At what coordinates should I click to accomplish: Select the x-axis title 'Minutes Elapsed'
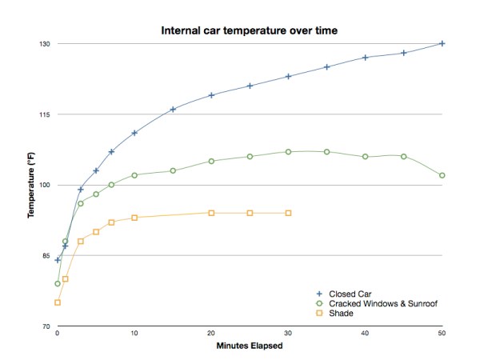tap(250, 346)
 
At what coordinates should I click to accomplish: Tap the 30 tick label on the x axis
tap(288, 334)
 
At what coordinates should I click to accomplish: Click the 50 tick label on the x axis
tap(442, 334)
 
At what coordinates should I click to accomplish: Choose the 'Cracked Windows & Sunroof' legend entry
tap(382, 303)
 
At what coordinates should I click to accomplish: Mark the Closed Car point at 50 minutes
tap(442, 43)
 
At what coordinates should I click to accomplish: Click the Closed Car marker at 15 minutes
tap(173, 109)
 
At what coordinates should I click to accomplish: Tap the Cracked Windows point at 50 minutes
tap(442, 175)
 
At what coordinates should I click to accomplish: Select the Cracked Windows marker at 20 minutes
tap(211, 161)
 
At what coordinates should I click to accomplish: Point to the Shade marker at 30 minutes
tap(288, 213)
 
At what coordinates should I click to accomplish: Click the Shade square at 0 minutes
tap(58, 302)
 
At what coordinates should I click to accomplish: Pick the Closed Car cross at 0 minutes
tap(58, 260)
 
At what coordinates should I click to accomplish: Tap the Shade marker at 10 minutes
tap(134, 218)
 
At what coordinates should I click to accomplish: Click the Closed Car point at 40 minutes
tap(366, 58)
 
